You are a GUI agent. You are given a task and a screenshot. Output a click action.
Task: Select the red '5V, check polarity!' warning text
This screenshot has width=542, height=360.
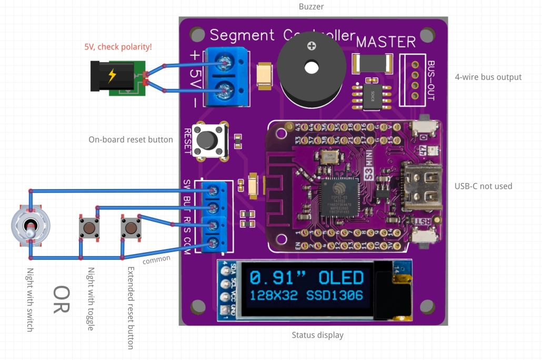(x=118, y=47)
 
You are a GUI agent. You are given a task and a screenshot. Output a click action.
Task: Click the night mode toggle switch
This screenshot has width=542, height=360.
(x=31, y=226)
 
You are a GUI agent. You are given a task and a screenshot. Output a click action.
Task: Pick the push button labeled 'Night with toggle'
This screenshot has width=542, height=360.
(x=89, y=227)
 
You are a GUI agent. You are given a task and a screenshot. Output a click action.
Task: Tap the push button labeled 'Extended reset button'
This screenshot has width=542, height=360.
(x=131, y=227)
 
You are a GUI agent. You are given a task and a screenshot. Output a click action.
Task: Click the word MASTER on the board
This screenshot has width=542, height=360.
(x=386, y=42)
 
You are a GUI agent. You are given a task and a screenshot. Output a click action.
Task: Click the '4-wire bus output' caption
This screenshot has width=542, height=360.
(x=488, y=77)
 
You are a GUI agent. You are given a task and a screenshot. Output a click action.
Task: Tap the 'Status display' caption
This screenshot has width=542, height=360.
(x=317, y=335)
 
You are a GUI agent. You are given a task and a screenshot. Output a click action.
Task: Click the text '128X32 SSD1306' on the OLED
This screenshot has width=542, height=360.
(x=306, y=296)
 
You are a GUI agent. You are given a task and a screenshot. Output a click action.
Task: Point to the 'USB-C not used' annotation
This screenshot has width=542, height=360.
(x=483, y=186)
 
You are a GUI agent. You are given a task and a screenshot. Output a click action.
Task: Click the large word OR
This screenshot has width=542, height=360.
(x=62, y=299)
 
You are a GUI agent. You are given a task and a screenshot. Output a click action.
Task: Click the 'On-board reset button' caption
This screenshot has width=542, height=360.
(x=131, y=139)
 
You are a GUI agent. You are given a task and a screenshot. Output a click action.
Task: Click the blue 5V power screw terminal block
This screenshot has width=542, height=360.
(x=226, y=77)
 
